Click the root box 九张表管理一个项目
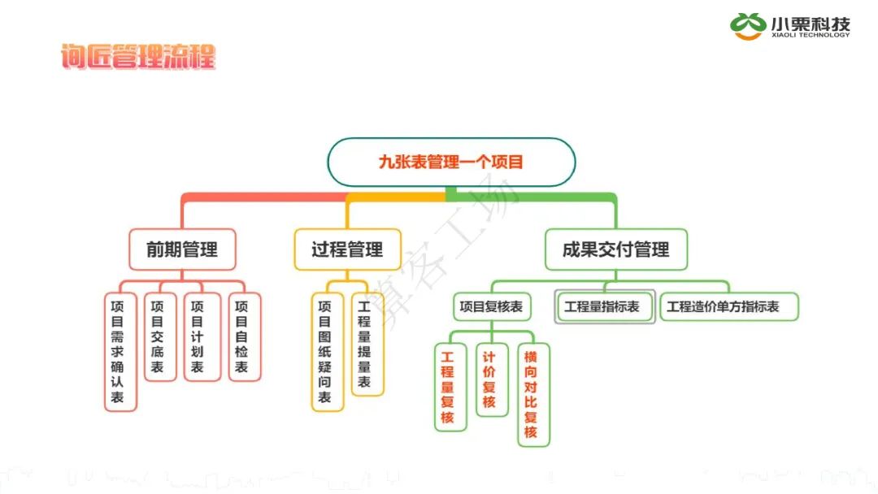451,162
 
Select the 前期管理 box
182,249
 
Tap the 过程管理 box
347,249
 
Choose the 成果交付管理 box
615,249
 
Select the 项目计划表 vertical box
198,336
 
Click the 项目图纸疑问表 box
324,351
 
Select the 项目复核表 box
491,307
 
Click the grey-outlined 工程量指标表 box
605,307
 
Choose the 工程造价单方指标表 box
728,307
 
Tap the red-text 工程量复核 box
448,387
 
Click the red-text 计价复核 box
489,379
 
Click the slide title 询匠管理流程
138,57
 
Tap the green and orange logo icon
746,26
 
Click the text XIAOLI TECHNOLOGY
811,35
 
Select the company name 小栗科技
811,22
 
